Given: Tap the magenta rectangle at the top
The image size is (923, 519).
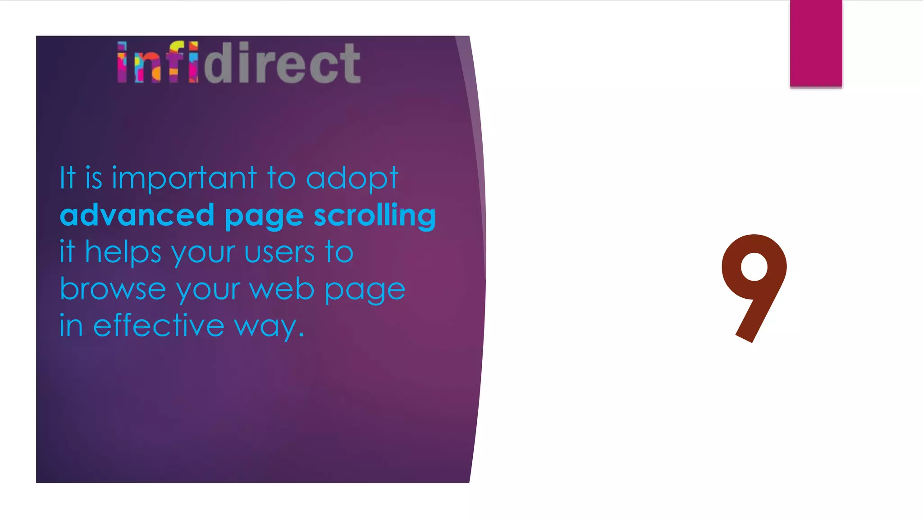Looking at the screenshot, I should click(x=816, y=43).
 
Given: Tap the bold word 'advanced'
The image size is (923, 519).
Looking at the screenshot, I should click(x=137, y=215).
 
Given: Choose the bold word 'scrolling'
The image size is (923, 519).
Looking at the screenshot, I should click(x=375, y=215).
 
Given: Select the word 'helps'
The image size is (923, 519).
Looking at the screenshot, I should click(x=123, y=252).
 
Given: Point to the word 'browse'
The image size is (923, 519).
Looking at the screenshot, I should click(x=113, y=289).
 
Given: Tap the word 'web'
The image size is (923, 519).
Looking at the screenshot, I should click(x=282, y=289).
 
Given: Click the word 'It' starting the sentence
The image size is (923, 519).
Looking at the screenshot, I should click(x=67, y=178).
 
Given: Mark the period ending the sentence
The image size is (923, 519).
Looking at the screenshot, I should click(x=302, y=335).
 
